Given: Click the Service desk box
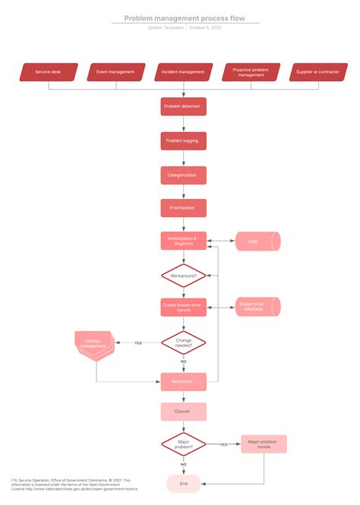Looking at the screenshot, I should [49, 72].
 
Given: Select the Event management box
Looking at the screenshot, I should [115, 72].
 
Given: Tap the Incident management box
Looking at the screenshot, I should [183, 72].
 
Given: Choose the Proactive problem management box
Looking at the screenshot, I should [250, 72].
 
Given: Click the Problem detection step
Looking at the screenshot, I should [183, 106].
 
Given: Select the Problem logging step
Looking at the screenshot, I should [183, 140].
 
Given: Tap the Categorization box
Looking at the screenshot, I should [183, 175].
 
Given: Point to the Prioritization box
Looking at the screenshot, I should [183, 208].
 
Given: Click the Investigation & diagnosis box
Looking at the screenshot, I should [183, 241].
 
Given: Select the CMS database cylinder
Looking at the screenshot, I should [256, 241].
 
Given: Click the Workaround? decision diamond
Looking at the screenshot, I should [183, 275].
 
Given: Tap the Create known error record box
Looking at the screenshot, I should [183, 308].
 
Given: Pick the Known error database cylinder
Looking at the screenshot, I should [256, 307].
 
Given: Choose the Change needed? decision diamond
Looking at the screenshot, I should [183, 342].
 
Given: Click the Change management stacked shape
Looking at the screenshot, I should [93, 343].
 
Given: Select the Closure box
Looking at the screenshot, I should [183, 412].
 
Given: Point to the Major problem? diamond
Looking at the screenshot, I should [183, 444].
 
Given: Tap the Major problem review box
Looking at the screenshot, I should [264, 444].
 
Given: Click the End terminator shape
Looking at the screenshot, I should [183, 483].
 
